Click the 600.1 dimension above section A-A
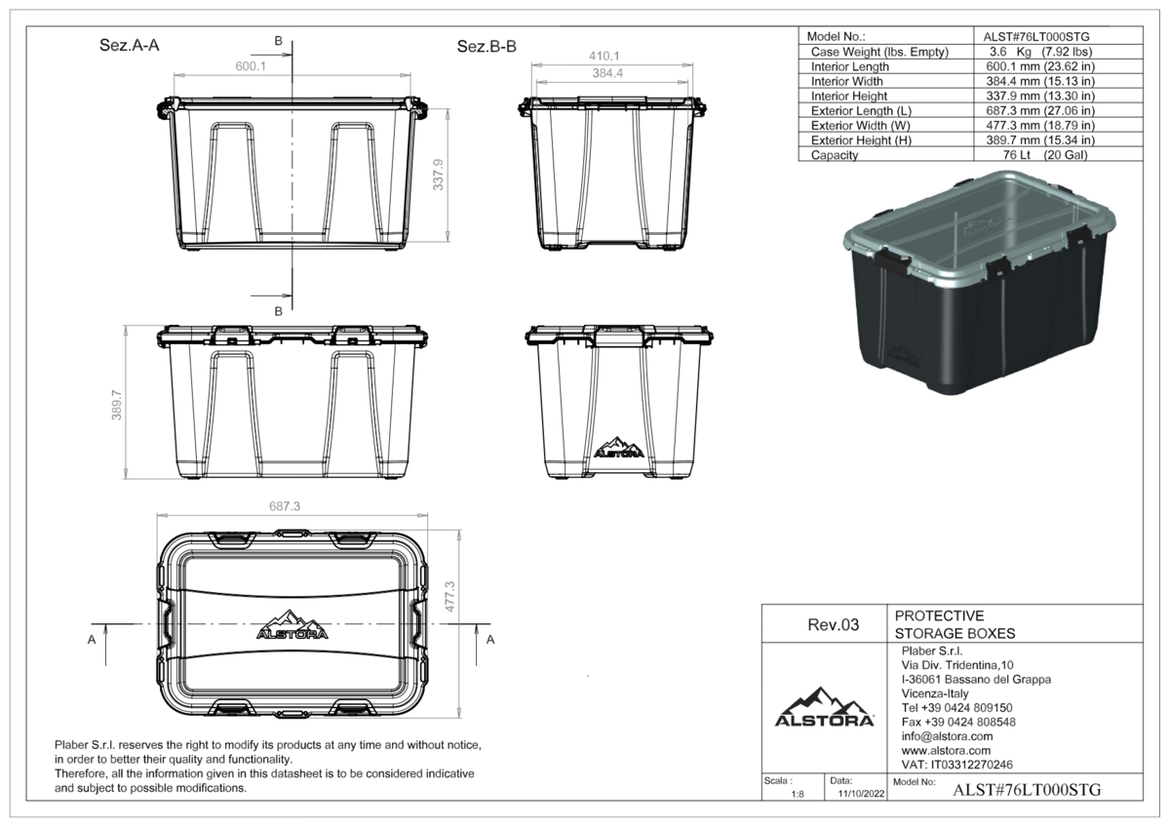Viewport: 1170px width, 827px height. pos(251,66)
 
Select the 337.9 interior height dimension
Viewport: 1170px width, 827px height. pos(438,175)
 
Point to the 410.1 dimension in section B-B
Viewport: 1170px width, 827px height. pos(604,56)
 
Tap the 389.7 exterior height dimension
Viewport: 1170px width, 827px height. pos(116,405)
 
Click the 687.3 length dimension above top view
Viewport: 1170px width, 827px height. pos(285,506)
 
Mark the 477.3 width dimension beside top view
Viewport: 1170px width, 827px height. pos(449,597)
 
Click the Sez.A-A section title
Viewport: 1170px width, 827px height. pos(130,46)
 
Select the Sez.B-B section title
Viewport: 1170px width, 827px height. pos(487,47)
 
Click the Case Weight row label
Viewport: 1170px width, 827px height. pos(879,52)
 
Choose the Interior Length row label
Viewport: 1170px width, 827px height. pos(850,67)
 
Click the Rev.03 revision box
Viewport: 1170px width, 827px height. pos(833,625)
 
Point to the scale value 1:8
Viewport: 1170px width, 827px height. pos(798,795)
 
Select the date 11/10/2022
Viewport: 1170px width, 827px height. pos(861,794)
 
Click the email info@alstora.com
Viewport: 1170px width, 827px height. pos(947,736)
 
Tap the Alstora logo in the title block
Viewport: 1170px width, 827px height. pos(824,707)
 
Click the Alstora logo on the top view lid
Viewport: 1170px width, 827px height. pos(292,624)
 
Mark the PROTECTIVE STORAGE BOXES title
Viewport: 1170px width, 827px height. pos(955,624)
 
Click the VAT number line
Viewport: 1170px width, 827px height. pos(956,765)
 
